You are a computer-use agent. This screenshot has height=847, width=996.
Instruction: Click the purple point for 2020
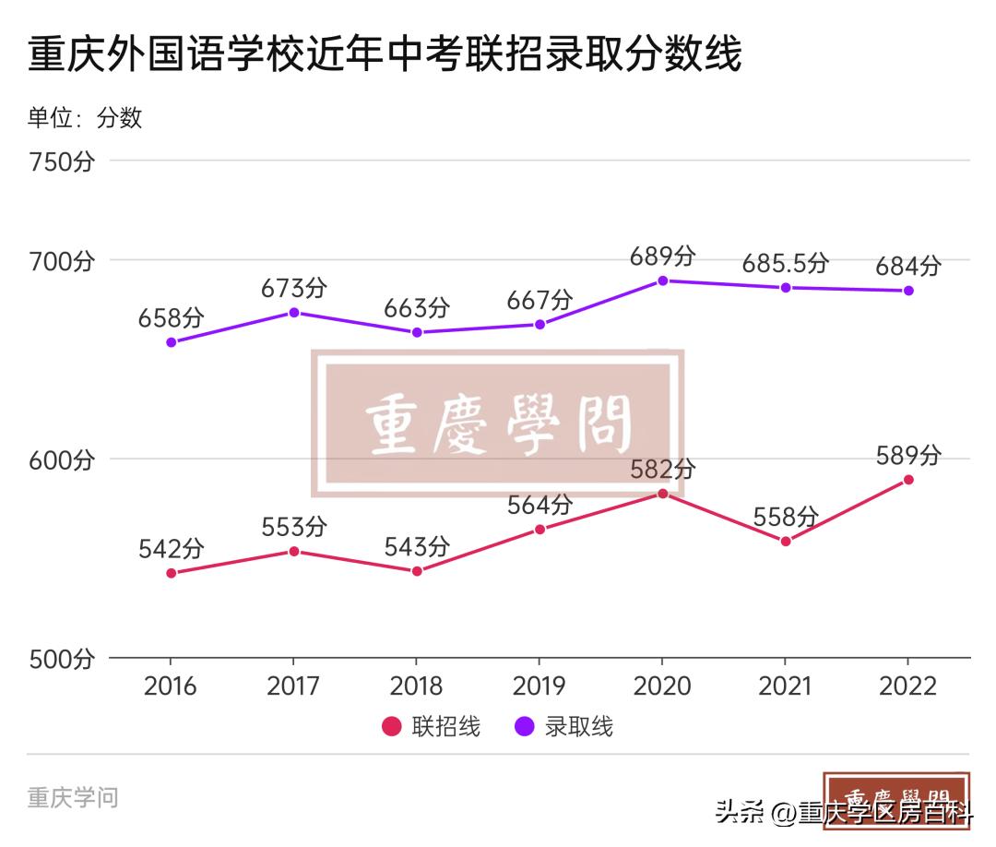(x=662, y=280)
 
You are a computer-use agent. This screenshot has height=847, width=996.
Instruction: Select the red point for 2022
(x=908, y=480)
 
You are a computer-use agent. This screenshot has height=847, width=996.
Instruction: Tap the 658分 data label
(x=171, y=318)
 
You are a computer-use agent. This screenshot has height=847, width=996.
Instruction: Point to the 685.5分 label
(x=786, y=264)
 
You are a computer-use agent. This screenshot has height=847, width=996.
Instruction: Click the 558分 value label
(x=786, y=517)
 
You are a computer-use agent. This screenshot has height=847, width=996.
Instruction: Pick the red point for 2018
(x=417, y=571)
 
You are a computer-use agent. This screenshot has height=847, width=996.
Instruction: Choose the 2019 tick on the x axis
(x=539, y=686)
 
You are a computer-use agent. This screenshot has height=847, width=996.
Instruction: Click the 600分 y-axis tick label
(x=62, y=459)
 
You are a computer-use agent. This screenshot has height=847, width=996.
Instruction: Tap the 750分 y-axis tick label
(x=62, y=161)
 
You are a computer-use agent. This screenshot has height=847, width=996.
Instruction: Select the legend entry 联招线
(x=432, y=726)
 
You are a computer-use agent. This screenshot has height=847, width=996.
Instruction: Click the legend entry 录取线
(x=564, y=726)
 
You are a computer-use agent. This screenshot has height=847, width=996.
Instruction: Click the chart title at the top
(x=385, y=55)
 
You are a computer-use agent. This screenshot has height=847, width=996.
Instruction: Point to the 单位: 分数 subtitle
(x=85, y=117)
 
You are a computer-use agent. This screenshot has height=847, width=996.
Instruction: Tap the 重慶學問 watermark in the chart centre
(x=498, y=425)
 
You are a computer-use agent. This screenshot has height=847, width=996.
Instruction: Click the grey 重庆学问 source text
(x=73, y=797)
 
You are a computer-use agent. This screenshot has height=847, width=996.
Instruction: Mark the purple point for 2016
(x=171, y=342)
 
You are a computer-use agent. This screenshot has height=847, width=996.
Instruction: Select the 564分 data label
(x=539, y=506)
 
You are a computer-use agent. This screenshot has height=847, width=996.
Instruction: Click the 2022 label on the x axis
(x=908, y=686)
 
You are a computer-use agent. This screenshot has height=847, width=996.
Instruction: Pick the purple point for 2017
(x=294, y=313)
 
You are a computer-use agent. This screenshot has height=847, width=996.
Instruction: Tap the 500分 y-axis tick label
(x=62, y=659)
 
